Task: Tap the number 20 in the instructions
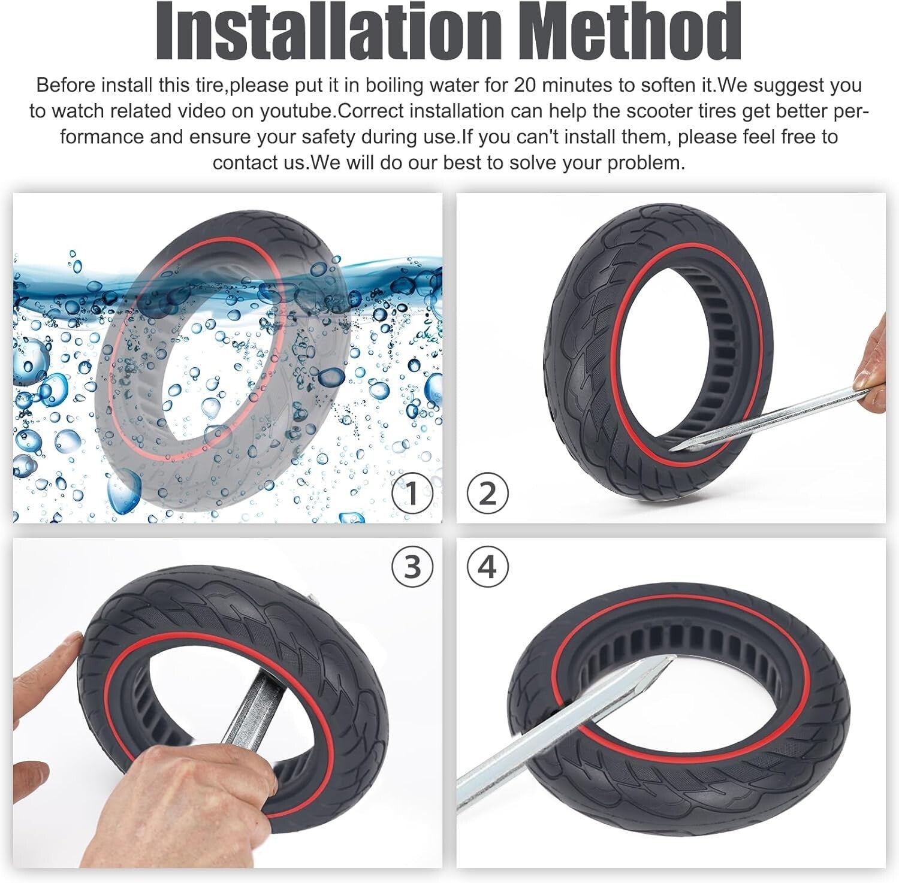[526, 85]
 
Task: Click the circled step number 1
[412, 494]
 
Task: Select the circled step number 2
[487, 494]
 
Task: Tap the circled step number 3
[412, 567]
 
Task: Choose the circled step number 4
[487, 567]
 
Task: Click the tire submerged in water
[222, 359]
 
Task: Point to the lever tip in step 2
[677, 446]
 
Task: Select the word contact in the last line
[240, 163]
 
